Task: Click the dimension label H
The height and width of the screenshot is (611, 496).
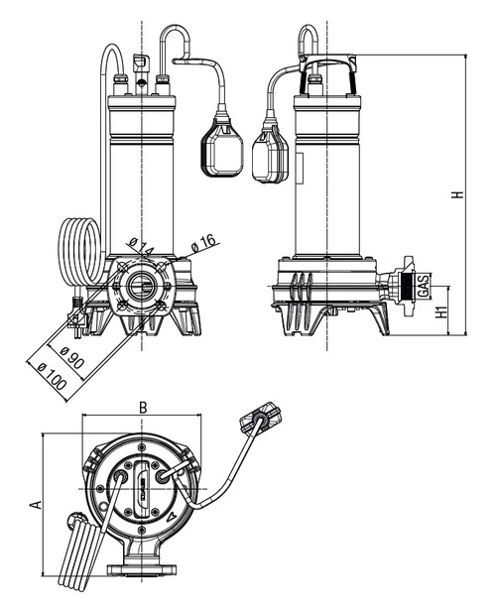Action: pyautogui.click(x=457, y=194)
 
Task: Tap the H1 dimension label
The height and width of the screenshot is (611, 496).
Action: pyautogui.click(x=440, y=314)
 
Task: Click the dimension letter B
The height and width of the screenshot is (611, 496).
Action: pyautogui.click(x=143, y=407)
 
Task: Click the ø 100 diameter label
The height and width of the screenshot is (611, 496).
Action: pyautogui.click(x=51, y=373)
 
